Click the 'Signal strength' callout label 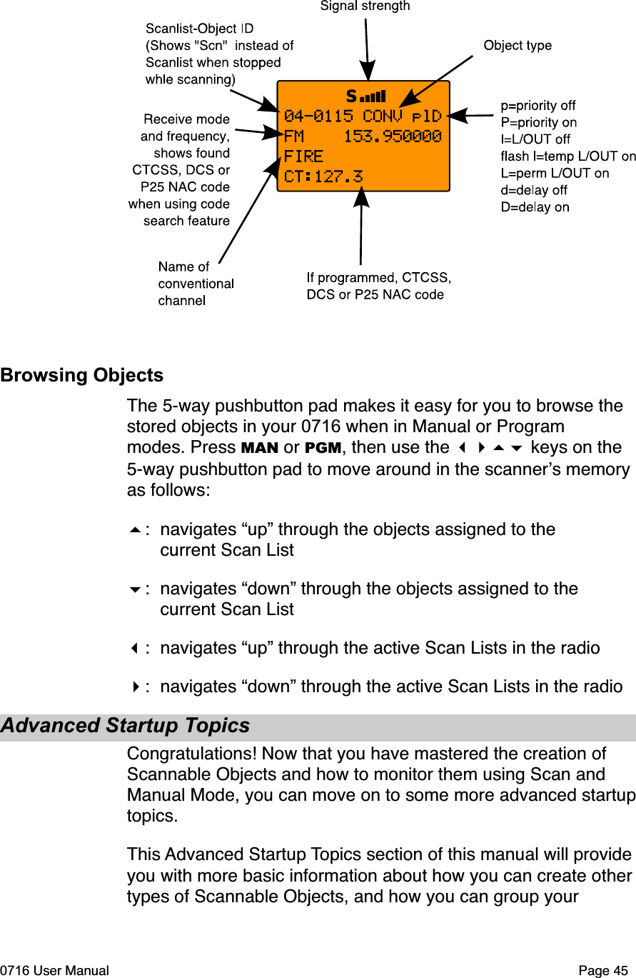[x=365, y=6]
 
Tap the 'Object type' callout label [x=518, y=46]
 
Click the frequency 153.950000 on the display [x=392, y=136]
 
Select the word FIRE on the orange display [x=303, y=156]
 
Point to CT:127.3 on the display [x=323, y=176]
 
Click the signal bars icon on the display [x=373, y=96]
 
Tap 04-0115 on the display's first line [x=318, y=116]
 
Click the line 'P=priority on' [x=539, y=123]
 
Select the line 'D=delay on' [x=535, y=208]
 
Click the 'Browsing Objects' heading [x=82, y=376]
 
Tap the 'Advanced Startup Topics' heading [x=126, y=726]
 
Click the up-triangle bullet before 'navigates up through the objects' [x=134, y=530]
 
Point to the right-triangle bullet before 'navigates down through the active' [x=134, y=687]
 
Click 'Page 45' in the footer [x=605, y=971]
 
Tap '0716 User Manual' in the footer [x=55, y=971]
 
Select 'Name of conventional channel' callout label [x=196, y=284]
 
